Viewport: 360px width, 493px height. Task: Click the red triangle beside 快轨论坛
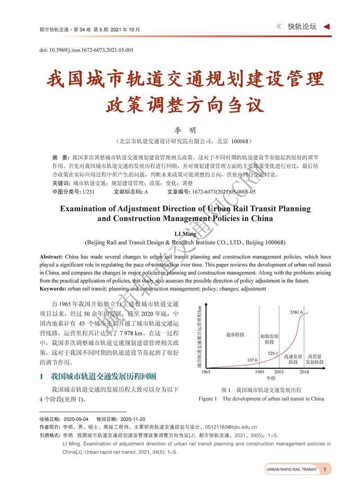point(326,27)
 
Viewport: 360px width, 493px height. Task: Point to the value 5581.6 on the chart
point(297,312)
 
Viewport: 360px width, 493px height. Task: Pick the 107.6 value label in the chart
point(252,360)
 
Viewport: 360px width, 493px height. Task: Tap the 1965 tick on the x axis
point(206,372)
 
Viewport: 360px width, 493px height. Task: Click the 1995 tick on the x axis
point(260,372)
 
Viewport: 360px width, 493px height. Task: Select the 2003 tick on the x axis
point(279,372)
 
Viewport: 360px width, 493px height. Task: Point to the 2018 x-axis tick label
point(305,372)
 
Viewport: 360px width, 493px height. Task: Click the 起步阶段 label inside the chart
point(235,335)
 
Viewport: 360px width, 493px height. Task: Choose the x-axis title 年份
point(270,378)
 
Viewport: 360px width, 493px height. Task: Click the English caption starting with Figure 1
point(261,398)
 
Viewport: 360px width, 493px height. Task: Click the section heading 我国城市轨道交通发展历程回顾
point(103,376)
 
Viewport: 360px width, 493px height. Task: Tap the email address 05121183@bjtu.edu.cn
point(231,427)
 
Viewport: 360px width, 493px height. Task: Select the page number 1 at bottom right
point(325,469)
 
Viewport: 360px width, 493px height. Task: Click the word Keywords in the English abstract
point(53,288)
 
